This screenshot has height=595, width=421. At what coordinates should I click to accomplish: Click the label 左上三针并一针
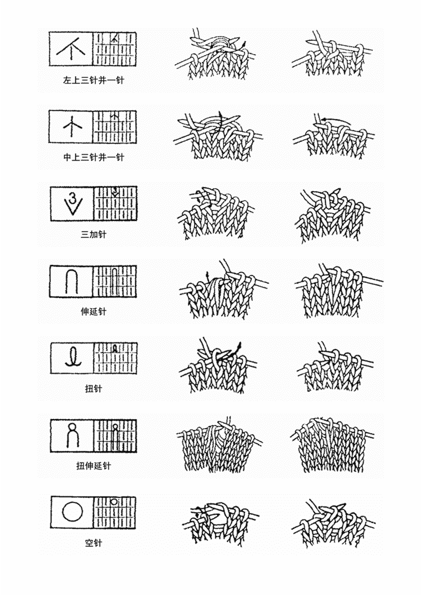(x=93, y=80)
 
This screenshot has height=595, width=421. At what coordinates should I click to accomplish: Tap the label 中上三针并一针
(x=93, y=157)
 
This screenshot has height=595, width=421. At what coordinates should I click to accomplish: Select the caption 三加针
(x=93, y=234)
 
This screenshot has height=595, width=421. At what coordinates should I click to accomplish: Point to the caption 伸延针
(x=93, y=312)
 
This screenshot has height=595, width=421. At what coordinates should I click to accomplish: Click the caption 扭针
(x=93, y=388)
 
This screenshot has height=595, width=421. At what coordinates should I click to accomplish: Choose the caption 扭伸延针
(x=93, y=466)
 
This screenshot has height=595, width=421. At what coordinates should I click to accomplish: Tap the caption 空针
(x=93, y=543)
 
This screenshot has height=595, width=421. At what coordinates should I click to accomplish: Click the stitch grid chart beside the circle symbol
(x=115, y=512)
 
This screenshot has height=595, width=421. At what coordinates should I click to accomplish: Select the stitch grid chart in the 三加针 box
(x=115, y=204)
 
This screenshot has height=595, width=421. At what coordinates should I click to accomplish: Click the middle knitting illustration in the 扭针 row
(x=218, y=366)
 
